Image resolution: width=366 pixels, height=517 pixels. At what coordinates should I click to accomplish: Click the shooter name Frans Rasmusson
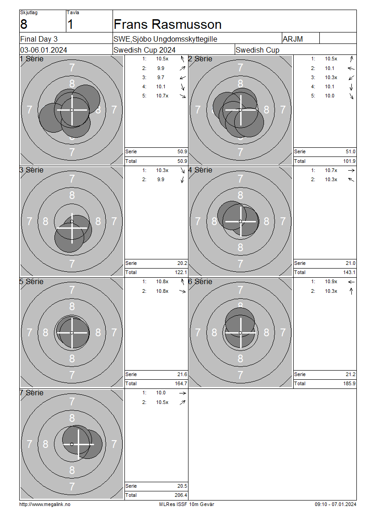tap(167, 24)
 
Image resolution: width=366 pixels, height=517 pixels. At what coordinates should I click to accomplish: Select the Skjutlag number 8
tap(24, 24)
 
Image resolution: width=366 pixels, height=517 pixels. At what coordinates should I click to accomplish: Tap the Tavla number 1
tap(70, 24)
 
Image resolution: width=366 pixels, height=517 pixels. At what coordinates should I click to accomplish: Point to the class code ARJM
tap(292, 39)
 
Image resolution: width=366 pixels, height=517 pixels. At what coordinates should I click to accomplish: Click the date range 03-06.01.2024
tap(43, 50)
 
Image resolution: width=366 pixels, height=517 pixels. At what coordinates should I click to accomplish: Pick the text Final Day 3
tap(39, 39)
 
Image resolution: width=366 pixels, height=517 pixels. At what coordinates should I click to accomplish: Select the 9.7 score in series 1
tap(161, 77)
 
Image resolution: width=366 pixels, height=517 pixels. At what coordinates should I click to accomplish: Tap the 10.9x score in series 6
tap(331, 282)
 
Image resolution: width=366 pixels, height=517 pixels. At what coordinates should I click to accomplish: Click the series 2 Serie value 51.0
tap(350, 152)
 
